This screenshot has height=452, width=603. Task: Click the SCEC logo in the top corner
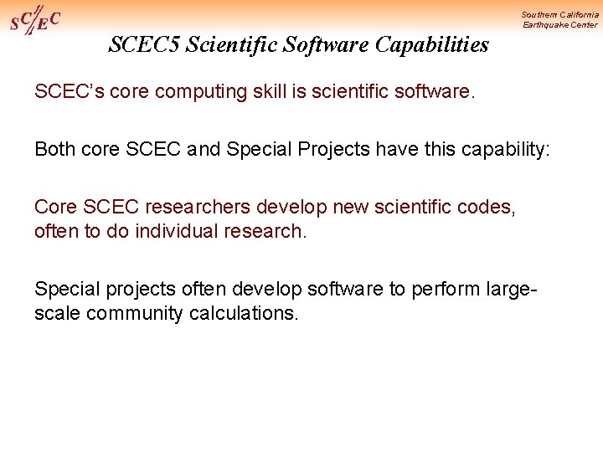(34, 19)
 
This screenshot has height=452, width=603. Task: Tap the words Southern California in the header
(559, 14)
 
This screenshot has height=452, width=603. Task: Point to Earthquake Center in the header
(560, 25)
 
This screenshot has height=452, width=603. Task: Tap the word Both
(55, 149)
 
